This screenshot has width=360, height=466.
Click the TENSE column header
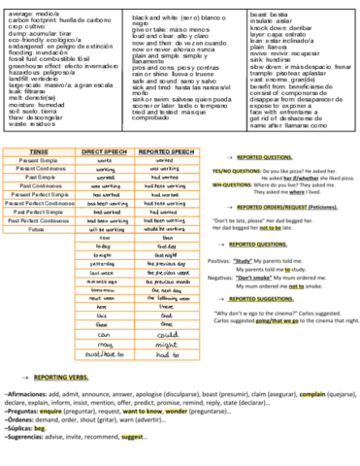[39, 151]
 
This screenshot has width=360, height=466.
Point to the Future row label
[39, 230]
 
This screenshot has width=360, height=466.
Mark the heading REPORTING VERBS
[62, 374]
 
